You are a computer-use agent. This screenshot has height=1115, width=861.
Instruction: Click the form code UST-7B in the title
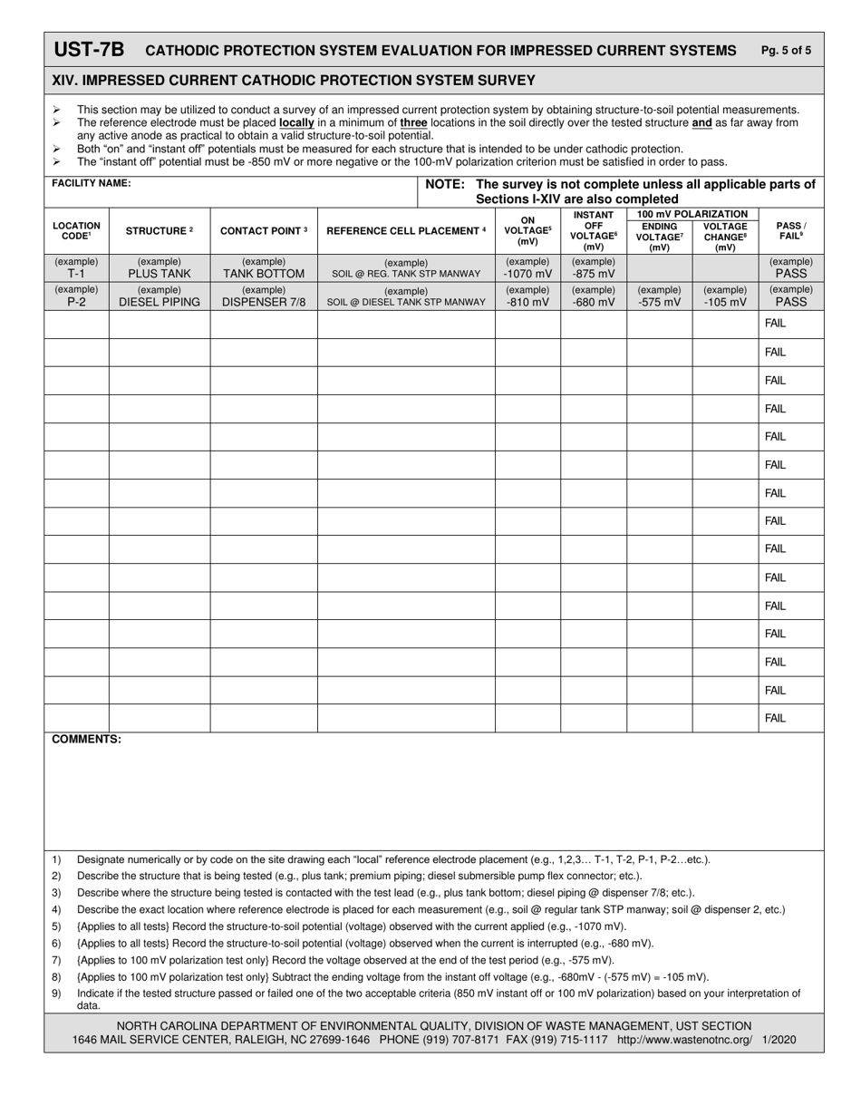click(x=89, y=50)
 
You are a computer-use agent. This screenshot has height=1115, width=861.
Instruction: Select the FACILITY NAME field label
click(x=91, y=183)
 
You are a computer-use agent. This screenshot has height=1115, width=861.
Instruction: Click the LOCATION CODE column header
click(x=76, y=230)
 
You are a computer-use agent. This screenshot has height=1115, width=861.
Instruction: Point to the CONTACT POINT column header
click(x=264, y=230)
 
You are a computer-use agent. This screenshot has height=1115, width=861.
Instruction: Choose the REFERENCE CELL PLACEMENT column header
click(x=406, y=230)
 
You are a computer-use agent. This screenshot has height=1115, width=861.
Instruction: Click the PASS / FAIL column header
click(x=791, y=230)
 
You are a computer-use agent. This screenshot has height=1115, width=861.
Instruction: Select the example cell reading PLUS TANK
click(x=160, y=273)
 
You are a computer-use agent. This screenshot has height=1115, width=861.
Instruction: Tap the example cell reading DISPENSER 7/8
click(x=264, y=302)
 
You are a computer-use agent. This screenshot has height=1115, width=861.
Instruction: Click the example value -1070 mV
click(x=527, y=273)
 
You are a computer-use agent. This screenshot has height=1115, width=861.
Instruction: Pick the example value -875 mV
click(x=594, y=273)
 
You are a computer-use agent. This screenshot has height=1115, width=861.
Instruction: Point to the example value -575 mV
click(x=660, y=302)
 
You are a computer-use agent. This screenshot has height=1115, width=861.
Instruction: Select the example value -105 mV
click(x=725, y=302)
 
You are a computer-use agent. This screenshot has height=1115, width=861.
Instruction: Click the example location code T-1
click(x=76, y=273)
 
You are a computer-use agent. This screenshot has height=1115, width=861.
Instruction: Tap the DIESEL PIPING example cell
click(x=160, y=302)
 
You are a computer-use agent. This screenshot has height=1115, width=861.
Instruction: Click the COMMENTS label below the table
click(x=86, y=740)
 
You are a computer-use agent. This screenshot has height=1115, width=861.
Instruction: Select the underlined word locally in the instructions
click(x=296, y=122)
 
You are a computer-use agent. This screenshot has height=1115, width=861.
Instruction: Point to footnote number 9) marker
click(x=56, y=994)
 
